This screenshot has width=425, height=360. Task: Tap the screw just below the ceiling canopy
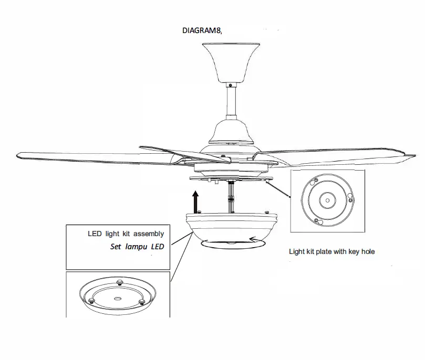pyautogui.click(x=230, y=84)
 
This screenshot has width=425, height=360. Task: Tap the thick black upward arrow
pyautogui.click(x=195, y=200)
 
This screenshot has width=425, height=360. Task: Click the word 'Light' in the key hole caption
pyautogui.click(x=297, y=251)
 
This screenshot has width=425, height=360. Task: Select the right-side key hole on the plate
pyautogui.click(x=351, y=200)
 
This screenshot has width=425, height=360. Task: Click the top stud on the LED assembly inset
pyautogui.click(x=119, y=282)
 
